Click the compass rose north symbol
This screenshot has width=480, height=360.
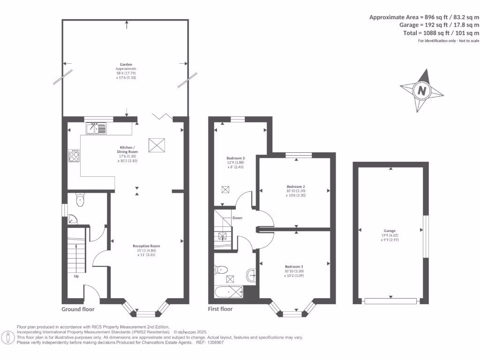pos(421,90)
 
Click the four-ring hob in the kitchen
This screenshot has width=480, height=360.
pos(74,156)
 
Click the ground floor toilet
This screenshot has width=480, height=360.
pos(80,200)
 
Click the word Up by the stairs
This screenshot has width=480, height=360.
pos(76,276)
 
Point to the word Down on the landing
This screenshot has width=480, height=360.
pos(237,218)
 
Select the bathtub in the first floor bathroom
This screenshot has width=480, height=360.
pos(229,292)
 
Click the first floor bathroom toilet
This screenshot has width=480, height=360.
pos(221,270)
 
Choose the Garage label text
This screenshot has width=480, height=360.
pos(390,231)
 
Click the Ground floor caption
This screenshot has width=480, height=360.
pos(78,309)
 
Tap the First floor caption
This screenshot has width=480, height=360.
pos(220,309)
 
